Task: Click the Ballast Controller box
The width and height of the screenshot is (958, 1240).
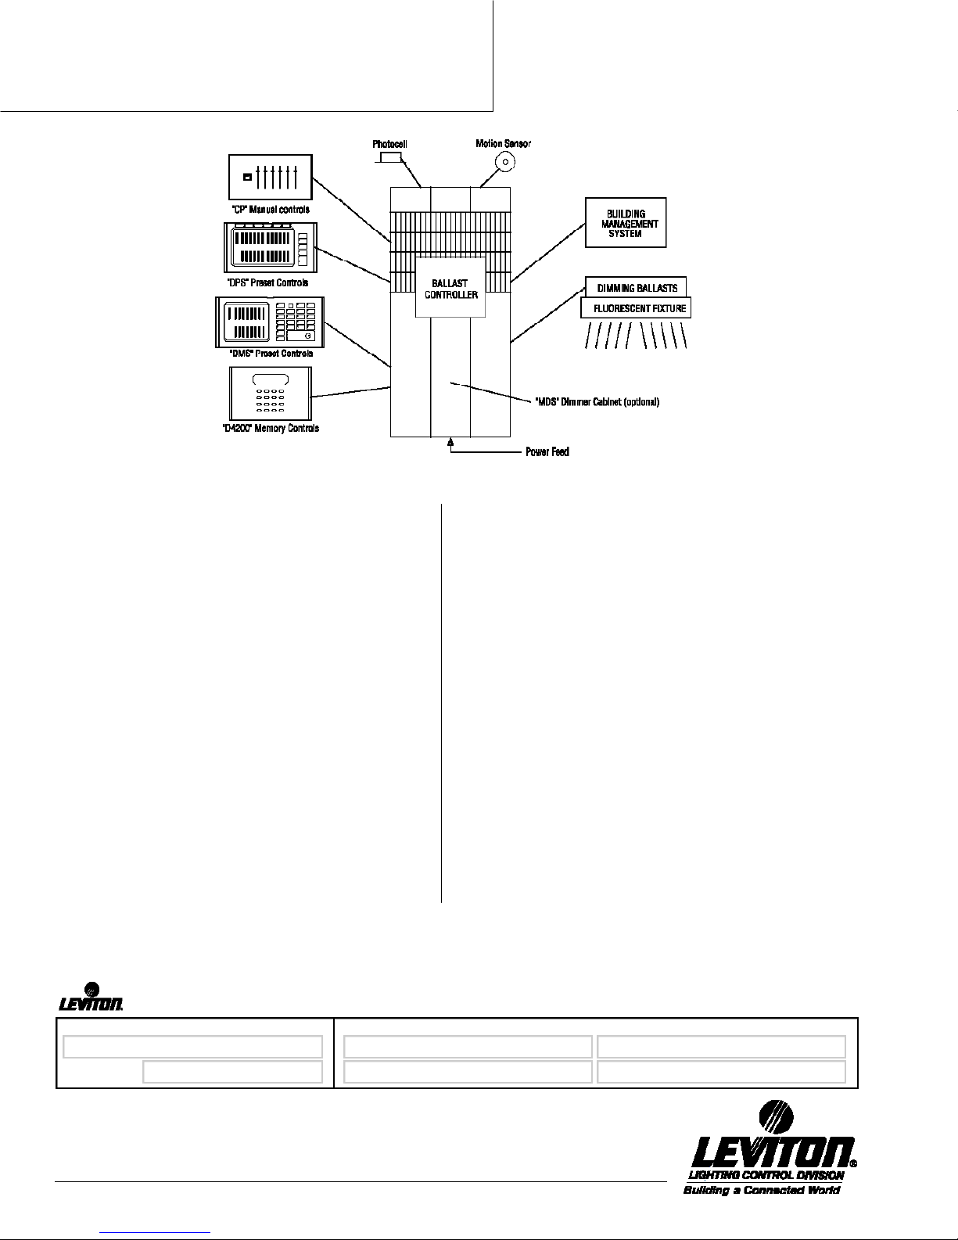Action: [450, 286]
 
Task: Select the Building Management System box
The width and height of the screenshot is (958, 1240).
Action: [626, 223]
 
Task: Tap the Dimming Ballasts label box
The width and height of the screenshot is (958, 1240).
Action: [637, 287]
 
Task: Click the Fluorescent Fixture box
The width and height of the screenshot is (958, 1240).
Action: [636, 308]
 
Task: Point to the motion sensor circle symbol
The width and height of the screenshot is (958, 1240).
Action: [505, 163]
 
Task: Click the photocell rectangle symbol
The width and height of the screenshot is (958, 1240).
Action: [390, 157]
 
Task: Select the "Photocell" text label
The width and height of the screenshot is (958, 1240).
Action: [389, 144]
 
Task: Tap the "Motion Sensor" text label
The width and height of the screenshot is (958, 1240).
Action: [503, 143]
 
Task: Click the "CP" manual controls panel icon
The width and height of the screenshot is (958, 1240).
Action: [271, 177]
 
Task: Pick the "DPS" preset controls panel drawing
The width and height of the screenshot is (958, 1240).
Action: [271, 247]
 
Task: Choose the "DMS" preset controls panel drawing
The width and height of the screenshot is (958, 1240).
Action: [269, 322]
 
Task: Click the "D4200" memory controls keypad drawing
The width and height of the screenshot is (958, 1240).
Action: [270, 393]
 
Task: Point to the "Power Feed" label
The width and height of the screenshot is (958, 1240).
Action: [547, 452]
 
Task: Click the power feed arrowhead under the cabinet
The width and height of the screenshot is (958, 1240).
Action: [450, 443]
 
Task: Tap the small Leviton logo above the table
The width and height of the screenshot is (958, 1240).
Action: [91, 998]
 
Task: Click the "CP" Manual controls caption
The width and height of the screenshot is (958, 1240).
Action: [271, 210]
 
